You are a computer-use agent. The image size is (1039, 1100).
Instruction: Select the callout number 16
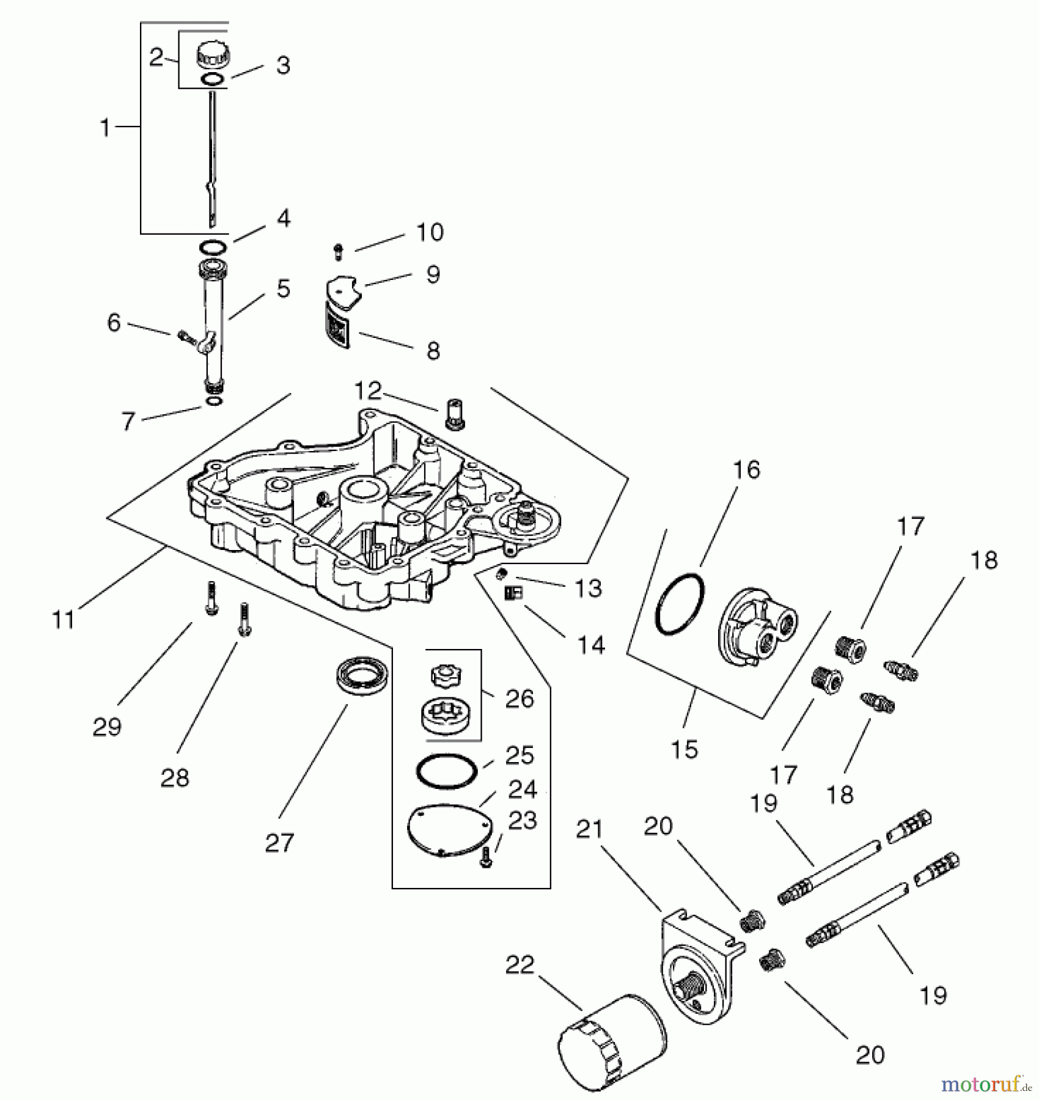click(746, 470)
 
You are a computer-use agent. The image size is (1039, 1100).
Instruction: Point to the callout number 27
click(279, 843)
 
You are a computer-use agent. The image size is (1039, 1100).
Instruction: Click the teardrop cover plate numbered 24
click(449, 830)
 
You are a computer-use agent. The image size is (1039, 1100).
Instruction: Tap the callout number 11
click(63, 620)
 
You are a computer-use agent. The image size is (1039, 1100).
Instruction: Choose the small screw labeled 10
click(338, 251)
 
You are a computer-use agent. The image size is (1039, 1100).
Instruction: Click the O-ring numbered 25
click(446, 772)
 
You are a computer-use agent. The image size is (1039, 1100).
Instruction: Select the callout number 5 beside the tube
click(283, 288)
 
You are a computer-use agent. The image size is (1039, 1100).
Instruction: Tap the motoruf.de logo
click(985, 1083)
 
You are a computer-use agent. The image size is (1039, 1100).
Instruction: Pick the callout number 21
click(589, 829)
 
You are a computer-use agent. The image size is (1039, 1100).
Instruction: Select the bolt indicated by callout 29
click(211, 598)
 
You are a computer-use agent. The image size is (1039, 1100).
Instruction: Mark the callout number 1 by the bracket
click(105, 128)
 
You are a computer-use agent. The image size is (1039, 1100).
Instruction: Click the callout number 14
click(591, 645)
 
